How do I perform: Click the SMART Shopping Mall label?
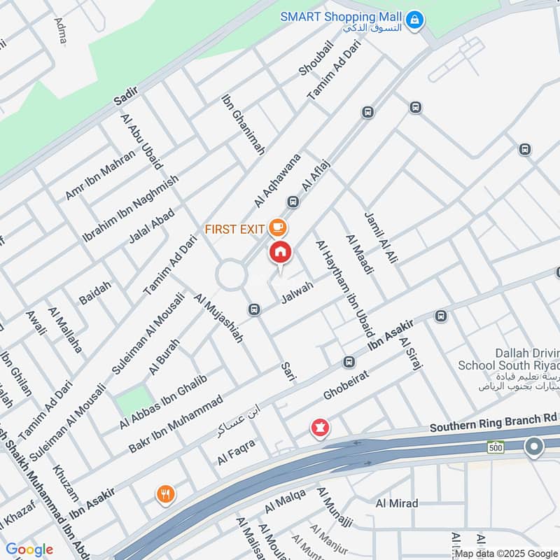pyautogui.click(x=342, y=16)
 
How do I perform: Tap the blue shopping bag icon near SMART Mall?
pyautogui.click(x=416, y=20)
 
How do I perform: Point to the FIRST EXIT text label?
pyautogui.click(x=235, y=229)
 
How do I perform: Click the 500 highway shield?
pyautogui.click(x=496, y=447)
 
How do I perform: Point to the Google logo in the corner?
pyautogui.click(x=29, y=549)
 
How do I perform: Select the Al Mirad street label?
pyautogui.click(x=397, y=503)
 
